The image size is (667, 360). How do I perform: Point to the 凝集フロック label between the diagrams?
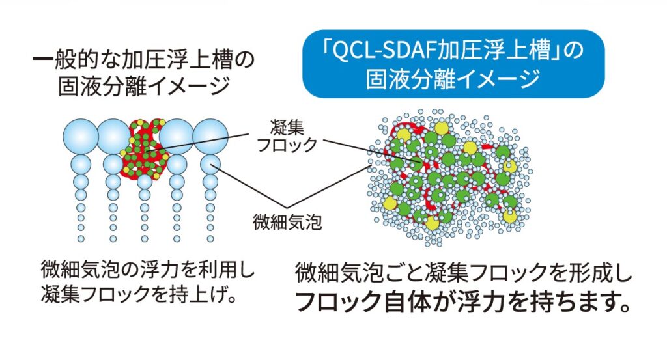[x=287, y=135]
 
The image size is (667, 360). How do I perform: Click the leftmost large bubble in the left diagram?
[x=81, y=136]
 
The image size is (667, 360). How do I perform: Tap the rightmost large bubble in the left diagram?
[x=210, y=136]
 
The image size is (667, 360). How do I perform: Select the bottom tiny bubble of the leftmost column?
[x=81, y=238]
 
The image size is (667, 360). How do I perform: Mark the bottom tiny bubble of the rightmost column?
[x=210, y=238]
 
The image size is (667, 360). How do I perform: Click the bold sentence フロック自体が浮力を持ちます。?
[x=463, y=301]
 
